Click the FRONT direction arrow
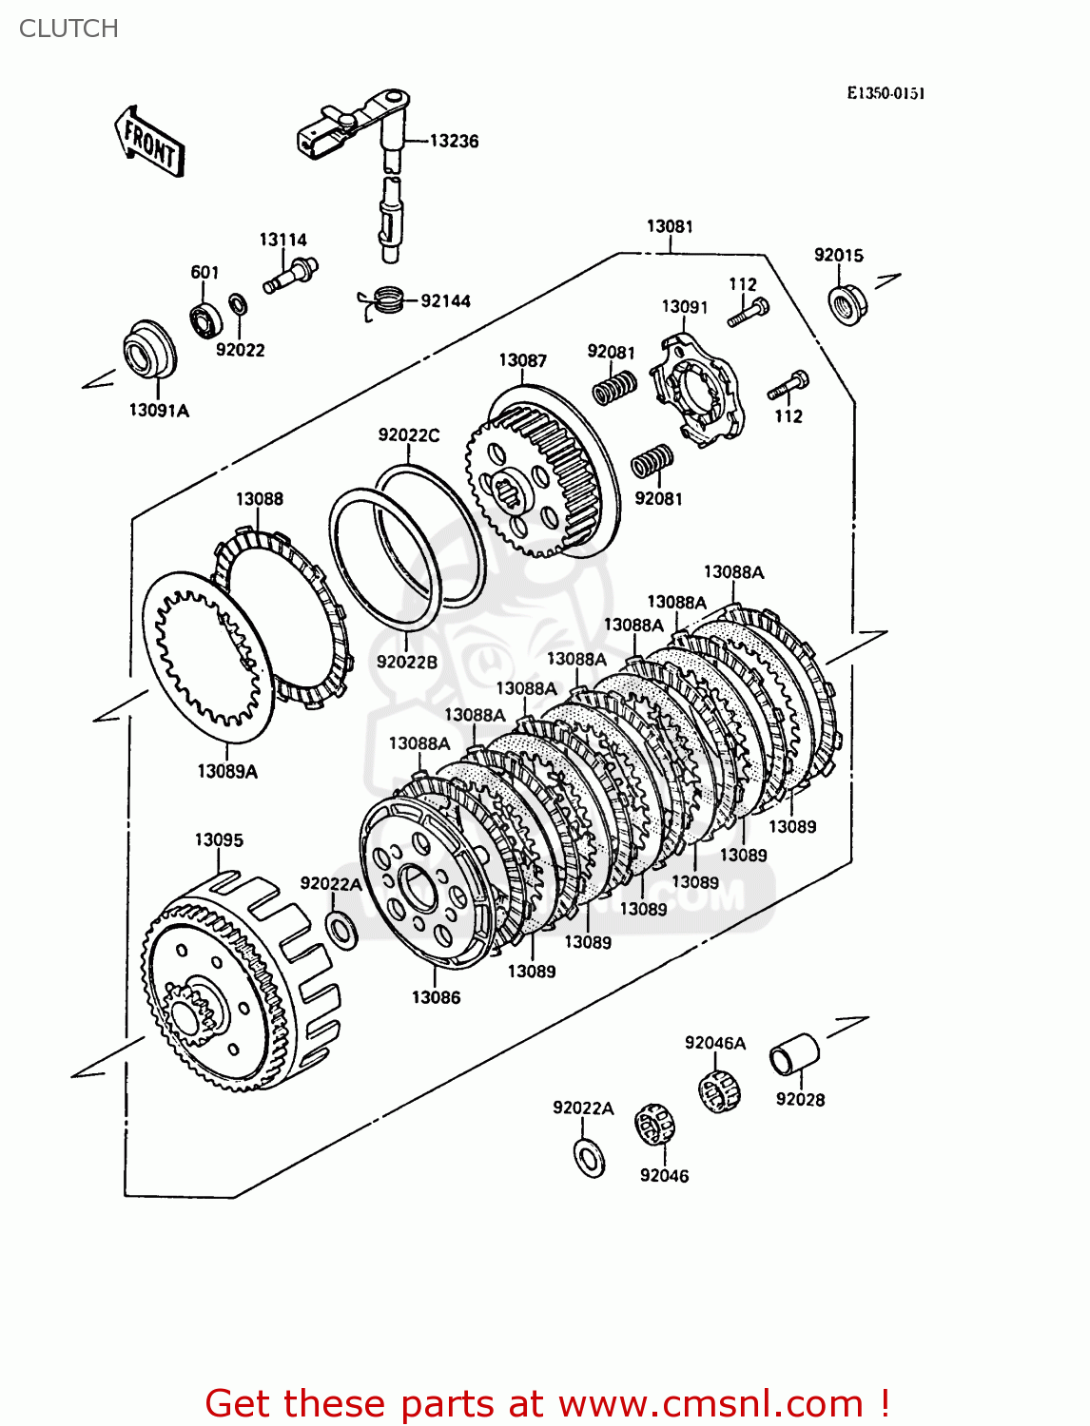pos(149,142)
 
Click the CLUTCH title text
pos(68,29)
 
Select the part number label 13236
pos(454,141)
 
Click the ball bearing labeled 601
pos(204,317)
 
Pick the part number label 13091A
pos(159,411)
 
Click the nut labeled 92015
pos(846,303)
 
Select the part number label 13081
pos(670,226)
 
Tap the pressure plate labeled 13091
pos(698,389)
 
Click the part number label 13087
pos(522,360)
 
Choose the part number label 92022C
pos(409,435)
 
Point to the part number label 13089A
pos(227,772)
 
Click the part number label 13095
pos(219,840)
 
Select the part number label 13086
pos(436,997)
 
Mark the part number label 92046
pos(664,1176)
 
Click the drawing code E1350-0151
pos(886,93)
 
